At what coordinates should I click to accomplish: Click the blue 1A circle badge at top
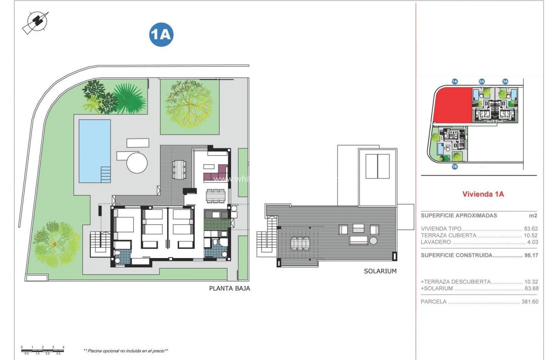(161, 35)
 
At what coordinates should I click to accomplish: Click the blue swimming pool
(95, 150)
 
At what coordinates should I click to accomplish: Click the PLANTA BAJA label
(229, 288)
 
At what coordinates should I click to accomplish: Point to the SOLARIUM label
(380, 271)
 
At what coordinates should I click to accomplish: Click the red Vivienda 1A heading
(483, 194)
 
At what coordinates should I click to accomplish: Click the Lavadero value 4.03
(532, 242)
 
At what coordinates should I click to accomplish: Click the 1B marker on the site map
(455, 167)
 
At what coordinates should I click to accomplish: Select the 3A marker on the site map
(505, 81)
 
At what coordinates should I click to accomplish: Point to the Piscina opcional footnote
(125, 351)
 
